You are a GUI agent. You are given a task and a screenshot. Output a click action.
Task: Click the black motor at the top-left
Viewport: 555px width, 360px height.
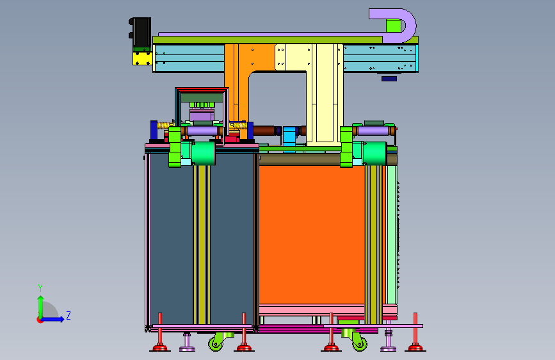(x=141, y=32)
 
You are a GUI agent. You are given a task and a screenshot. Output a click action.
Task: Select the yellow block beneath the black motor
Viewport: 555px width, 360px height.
(x=143, y=58)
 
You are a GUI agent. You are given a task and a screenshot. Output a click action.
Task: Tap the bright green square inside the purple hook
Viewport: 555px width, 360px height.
(x=394, y=26)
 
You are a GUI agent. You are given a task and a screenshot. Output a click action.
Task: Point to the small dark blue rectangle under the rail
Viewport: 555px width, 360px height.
(x=389, y=79)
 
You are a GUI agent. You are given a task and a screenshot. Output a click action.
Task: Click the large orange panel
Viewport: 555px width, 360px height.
(x=312, y=234)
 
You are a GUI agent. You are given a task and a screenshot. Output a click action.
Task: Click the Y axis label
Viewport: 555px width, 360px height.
(x=40, y=288)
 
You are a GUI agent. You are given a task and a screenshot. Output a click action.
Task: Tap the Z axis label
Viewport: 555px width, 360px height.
(x=68, y=315)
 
